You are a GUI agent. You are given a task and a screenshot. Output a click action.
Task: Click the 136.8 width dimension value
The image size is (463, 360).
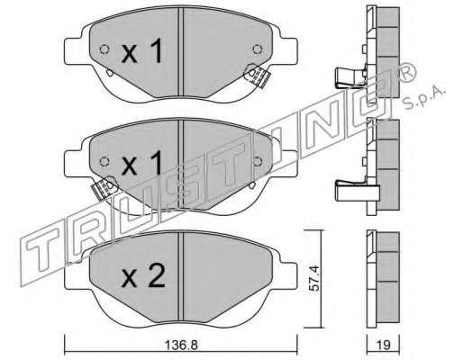coord(181,346)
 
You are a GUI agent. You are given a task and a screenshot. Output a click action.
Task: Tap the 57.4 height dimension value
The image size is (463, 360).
coord(314,278)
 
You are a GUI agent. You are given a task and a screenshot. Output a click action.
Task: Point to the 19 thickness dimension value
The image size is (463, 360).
coord(384,346)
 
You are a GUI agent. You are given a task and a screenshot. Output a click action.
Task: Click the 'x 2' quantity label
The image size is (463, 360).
coord(143,277)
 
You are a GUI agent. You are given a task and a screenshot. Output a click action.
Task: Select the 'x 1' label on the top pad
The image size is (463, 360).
coord(142,51)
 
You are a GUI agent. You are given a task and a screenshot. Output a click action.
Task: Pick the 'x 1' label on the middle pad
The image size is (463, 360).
coord(142,163)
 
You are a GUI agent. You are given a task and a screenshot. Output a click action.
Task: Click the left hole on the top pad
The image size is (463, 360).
coord(104,49)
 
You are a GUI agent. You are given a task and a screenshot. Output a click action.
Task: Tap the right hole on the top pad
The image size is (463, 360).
coord(258,49)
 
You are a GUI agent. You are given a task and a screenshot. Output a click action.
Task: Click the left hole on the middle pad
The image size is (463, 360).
coord(104,161)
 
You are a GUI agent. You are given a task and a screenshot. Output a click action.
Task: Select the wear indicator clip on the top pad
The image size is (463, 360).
coord(257,75)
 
